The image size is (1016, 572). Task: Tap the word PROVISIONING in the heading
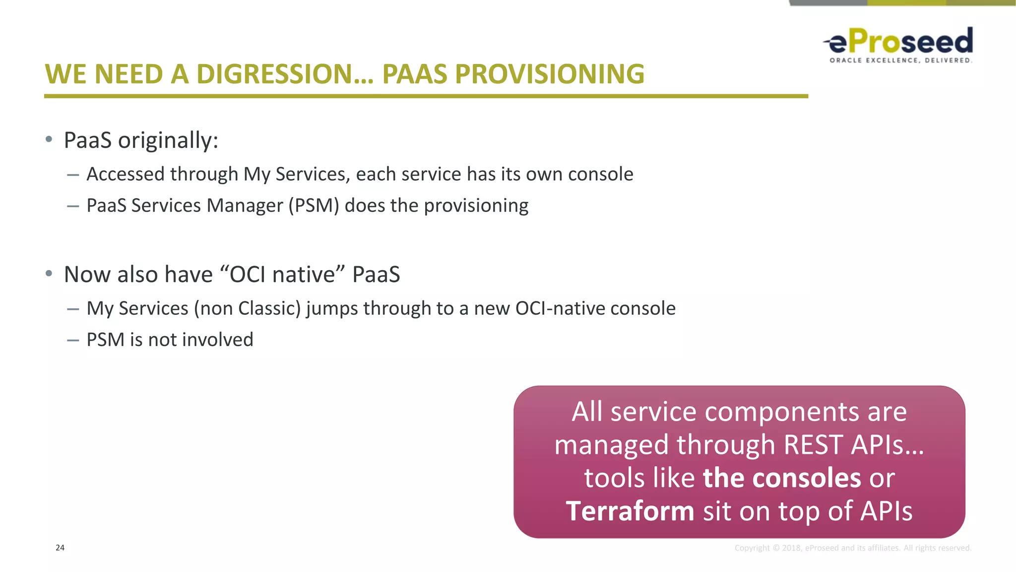549,74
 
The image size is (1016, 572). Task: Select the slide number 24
60,548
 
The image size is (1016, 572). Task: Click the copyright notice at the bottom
853,548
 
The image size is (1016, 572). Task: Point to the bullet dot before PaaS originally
49,140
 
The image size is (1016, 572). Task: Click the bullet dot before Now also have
49,274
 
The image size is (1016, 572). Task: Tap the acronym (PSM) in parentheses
314,206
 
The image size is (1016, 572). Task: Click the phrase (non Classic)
248,308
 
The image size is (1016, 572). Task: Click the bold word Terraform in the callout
630,511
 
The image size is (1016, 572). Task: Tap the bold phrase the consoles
782,478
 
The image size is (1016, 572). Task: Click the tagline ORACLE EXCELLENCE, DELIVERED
900,61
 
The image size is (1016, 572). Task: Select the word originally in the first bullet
168,141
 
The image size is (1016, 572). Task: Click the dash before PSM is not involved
73,340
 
